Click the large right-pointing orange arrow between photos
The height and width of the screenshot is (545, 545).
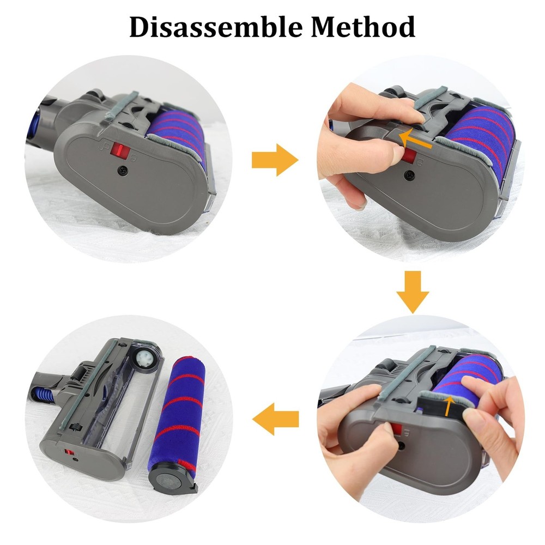point(275,160)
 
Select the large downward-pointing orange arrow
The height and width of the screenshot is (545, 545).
point(413,294)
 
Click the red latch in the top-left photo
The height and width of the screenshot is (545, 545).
point(117,150)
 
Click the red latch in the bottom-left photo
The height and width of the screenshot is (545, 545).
point(69,452)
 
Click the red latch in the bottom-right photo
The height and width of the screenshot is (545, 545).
point(397,431)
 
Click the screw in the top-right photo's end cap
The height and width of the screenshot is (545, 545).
point(408,174)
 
